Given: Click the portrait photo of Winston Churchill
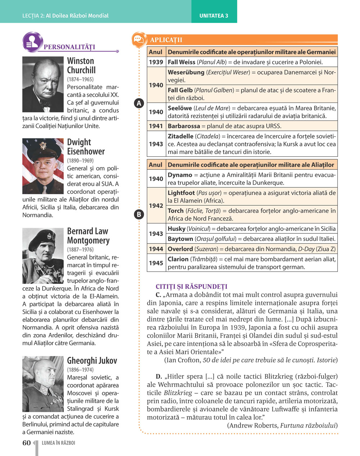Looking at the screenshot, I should tap(43, 84).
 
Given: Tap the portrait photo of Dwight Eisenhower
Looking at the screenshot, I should tap(43, 166).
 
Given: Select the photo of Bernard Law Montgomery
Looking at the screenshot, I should tap(43, 256).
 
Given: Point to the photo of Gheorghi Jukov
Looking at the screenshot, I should tap(43, 384).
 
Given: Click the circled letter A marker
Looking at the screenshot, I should tap(139, 103).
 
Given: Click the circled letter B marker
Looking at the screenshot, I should tap(139, 215).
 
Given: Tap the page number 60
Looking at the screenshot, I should tap(27, 443).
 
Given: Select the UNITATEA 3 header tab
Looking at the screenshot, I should tap(214, 15).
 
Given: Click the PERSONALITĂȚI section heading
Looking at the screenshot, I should tap(69, 47).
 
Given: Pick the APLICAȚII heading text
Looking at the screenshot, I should tap(166, 40).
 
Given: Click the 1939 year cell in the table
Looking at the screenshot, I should tap(156, 62).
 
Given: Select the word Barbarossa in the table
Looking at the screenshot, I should tap(184, 126).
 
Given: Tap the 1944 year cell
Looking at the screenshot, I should tap(156, 249).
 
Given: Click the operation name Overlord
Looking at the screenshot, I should tap(180, 249).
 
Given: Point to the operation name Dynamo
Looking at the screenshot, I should tap(180, 175).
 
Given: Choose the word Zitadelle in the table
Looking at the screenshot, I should tap(180, 136).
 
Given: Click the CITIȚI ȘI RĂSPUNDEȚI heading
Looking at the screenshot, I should tap(192, 287).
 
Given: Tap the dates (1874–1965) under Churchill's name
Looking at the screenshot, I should tap(80, 79).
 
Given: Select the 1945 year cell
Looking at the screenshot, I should tap(156, 263).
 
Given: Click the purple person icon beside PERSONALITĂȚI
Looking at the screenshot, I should tap(32, 42).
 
